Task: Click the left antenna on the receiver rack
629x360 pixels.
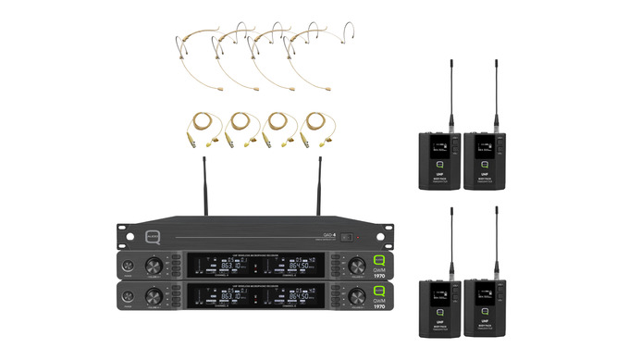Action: coord(203,191)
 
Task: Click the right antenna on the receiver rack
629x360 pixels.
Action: coord(319,191)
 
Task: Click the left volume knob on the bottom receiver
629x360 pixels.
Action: coord(152,295)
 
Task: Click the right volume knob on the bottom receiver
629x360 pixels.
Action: coord(356,295)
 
